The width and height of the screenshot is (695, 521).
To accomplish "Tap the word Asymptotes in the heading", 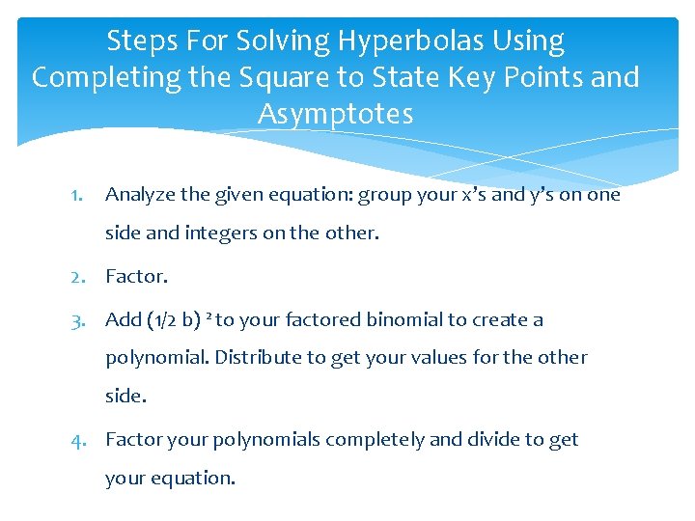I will [x=335, y=115].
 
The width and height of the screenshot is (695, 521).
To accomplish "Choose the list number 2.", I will [x=80, y=277].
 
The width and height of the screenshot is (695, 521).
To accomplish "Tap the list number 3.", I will [x=80, y=320].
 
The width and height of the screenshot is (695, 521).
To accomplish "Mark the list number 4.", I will [x=80, y=440].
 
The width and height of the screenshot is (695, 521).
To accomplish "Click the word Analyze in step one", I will [x=140, y=196].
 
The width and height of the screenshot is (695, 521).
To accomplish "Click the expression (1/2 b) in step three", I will [x=175, y=320].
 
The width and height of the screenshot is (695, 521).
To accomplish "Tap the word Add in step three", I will [x=122, y=320].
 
